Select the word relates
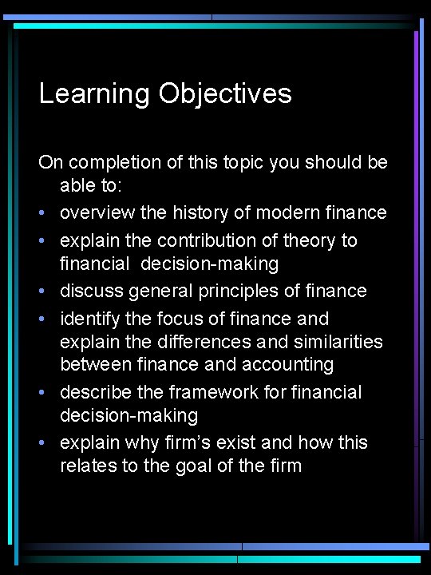tap(89, 466)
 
